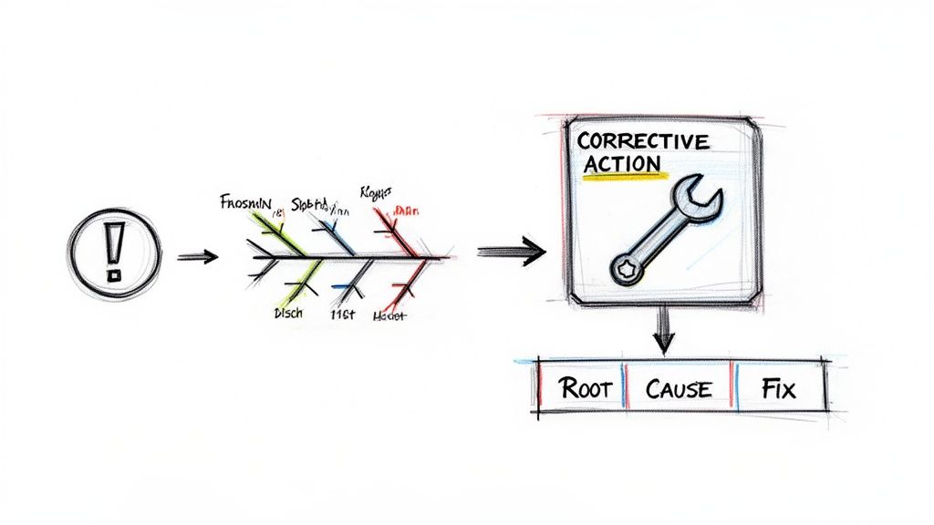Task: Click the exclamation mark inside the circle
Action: tap(113, 249)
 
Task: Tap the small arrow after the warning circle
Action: tap(198, 257)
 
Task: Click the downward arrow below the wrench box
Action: tap(663, 333)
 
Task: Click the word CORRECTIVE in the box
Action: tap(642, 141)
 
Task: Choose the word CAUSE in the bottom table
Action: tap(678, 389)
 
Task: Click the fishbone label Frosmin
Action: tap(245, 201)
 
